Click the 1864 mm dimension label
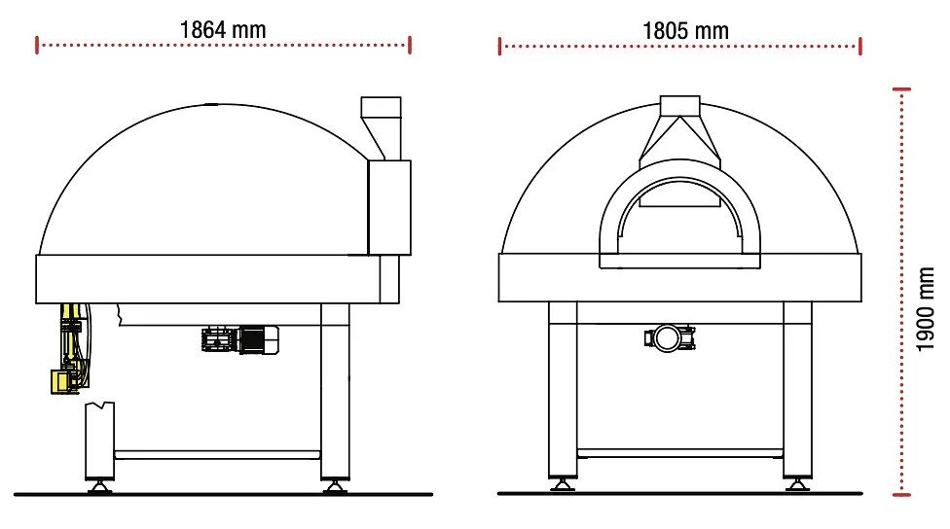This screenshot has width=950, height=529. coord(222,29)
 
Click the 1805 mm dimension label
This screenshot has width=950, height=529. coord(685,30)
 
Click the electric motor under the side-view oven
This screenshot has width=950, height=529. coord(240,339)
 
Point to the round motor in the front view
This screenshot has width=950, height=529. coord(670,337)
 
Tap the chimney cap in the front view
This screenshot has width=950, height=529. coord(679,107)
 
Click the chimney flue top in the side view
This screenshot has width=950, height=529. coord(381,108)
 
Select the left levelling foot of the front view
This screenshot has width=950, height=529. coord(563,484)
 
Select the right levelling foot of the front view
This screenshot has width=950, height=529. coord(797,484)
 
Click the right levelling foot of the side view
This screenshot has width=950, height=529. coord(334,484)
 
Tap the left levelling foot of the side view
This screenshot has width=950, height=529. coord(99,484)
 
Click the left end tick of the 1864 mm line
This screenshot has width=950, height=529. coord(37,45)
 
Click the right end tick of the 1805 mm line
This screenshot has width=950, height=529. coord(860,46)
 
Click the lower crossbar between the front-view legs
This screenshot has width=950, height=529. coord(679,453)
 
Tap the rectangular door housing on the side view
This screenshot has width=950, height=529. coord(389,208)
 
